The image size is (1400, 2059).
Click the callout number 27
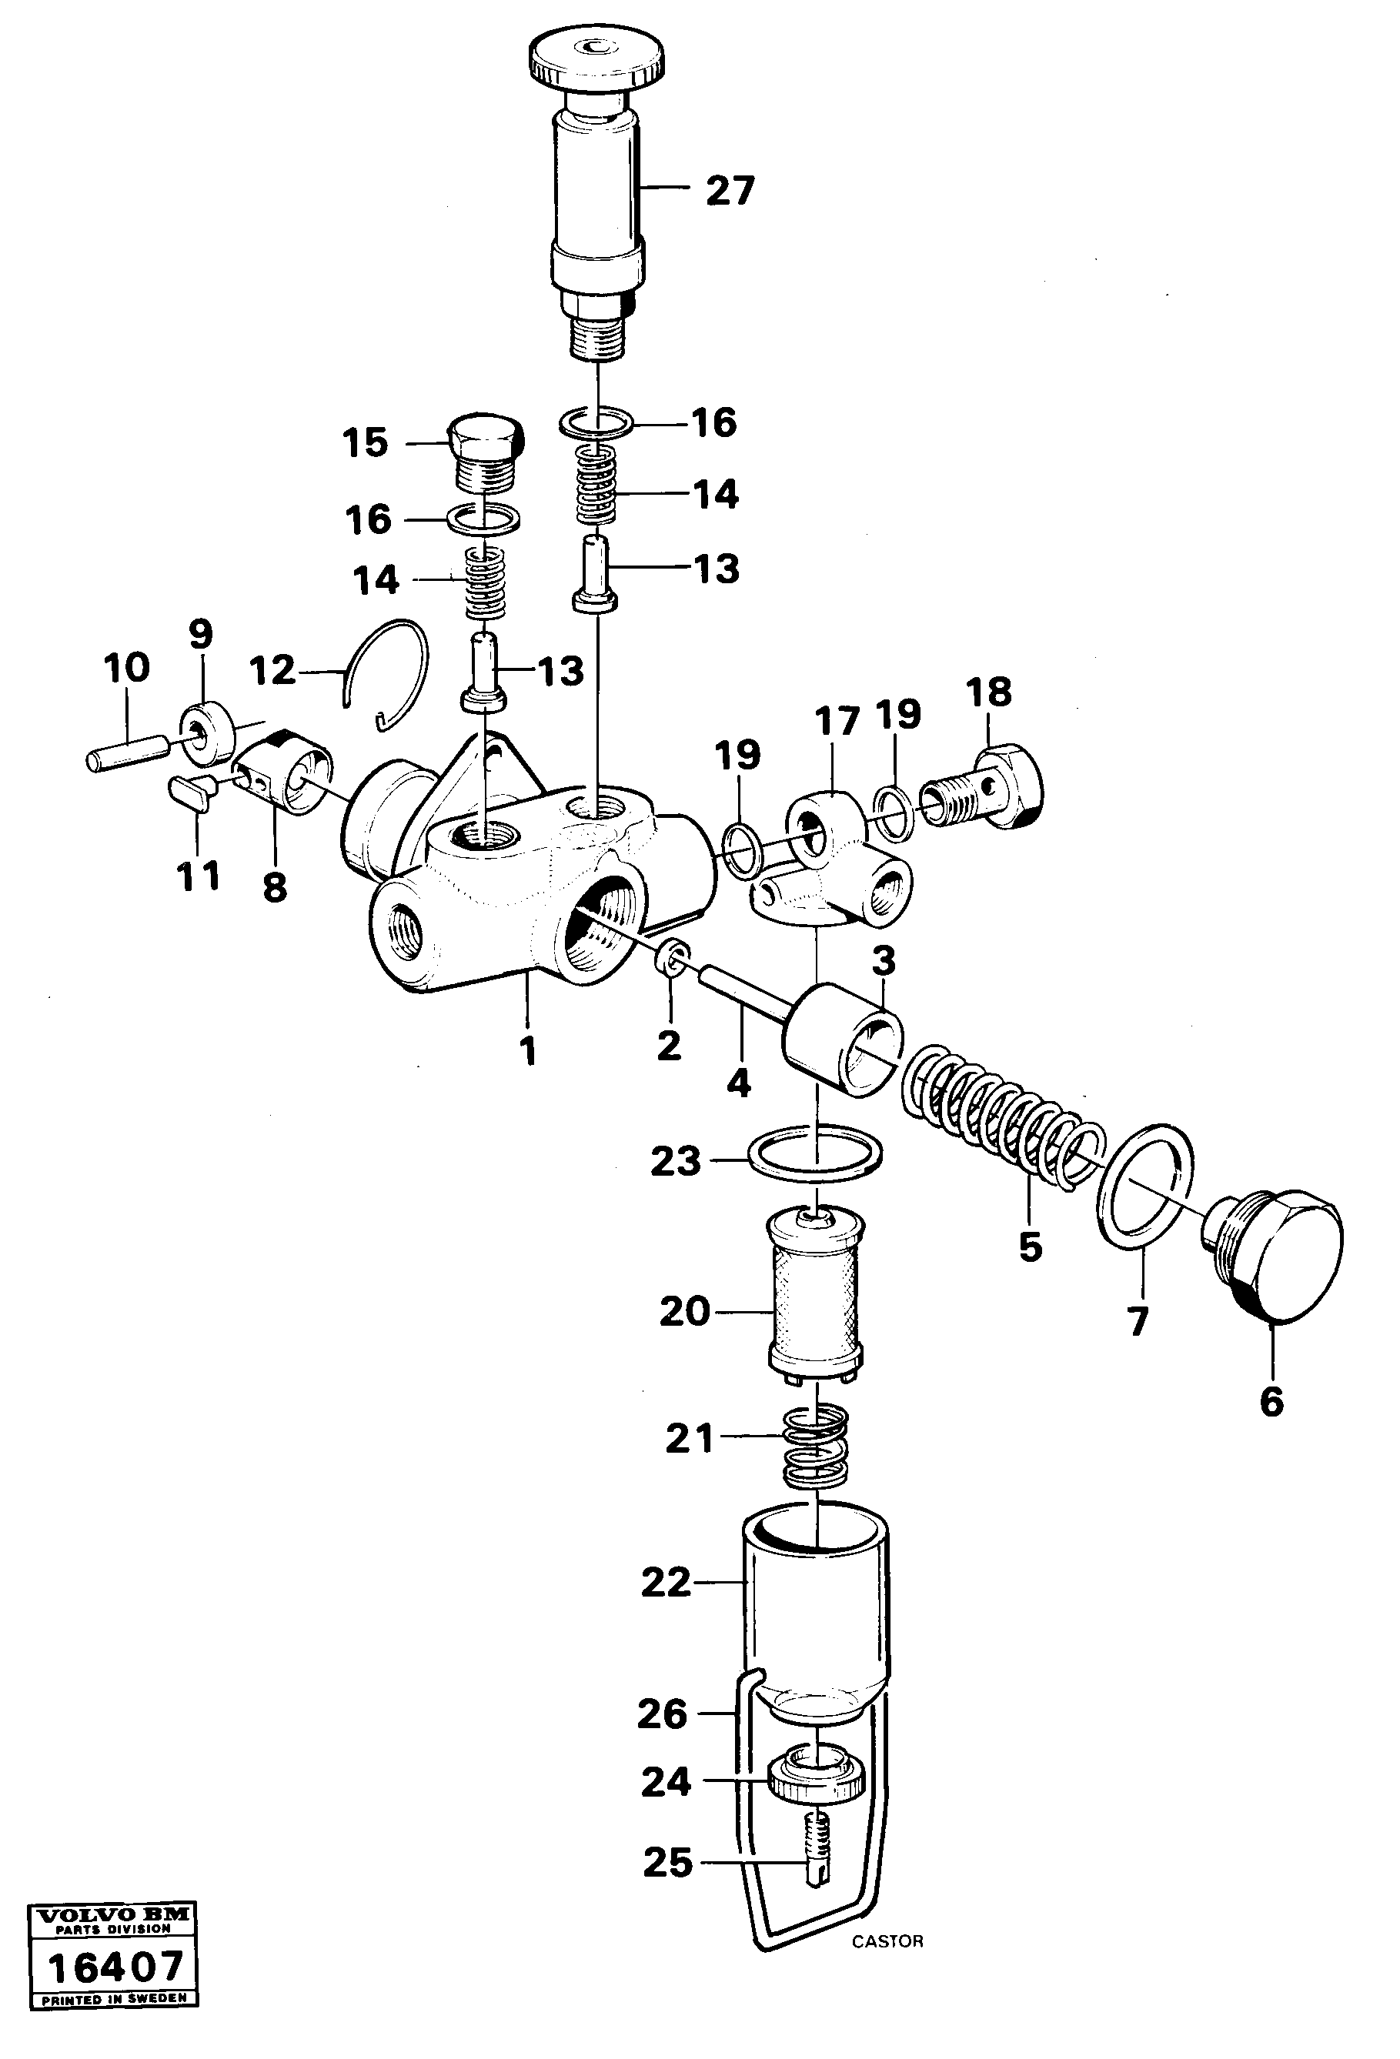(729, 191)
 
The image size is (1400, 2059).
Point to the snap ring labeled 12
(390, 674)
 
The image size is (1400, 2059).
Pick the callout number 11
(198, 876)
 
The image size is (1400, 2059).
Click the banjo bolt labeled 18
(984, 785)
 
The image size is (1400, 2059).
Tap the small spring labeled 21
(814, 1447)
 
